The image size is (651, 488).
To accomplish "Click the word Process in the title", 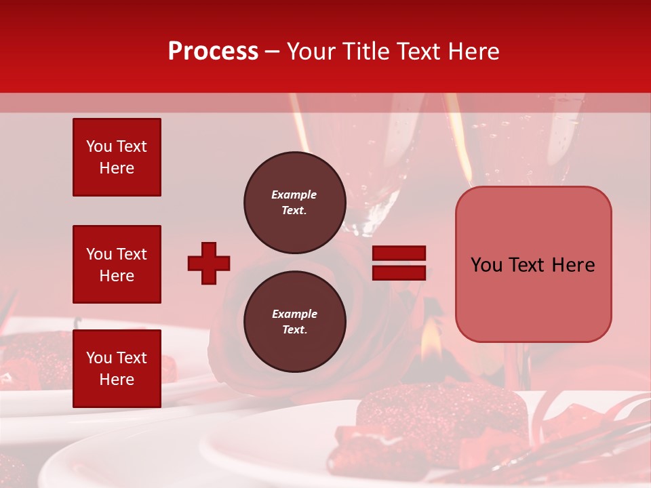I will pyautogui.click(x=213, y=52).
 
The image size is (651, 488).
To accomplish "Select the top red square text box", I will pyautogui.click(x=117, y=157).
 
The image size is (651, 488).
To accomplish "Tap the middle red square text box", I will pyautogui.click(x=117, y=264).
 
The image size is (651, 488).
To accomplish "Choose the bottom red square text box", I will pyautogui.click(x=117, y=368).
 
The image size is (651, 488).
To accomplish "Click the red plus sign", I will pyautogui.click(x=209, y=263).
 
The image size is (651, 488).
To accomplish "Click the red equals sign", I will pyautogui.click(x=399, y=263).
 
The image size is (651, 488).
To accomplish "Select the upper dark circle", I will pyautogui.click(x=294, y=203).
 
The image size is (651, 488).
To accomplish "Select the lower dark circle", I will pyautogui.click(x=294, y=322).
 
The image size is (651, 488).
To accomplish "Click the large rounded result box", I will pyautogui.click(x=533, y=264).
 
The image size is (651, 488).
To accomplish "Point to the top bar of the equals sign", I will pyautogui.click(x=399, y=253).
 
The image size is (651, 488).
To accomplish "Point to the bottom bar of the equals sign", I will pyautogui.click(x=399, y=272).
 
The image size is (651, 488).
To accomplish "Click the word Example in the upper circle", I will pyautogui.click(x=294, y=195).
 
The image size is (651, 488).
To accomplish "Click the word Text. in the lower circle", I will pyautogui.click(x=294, y=330).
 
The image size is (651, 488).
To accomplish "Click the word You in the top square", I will pyautogui.click(x=99, y=146).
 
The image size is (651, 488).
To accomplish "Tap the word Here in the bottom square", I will pyautogui.click(x=117, y=380).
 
